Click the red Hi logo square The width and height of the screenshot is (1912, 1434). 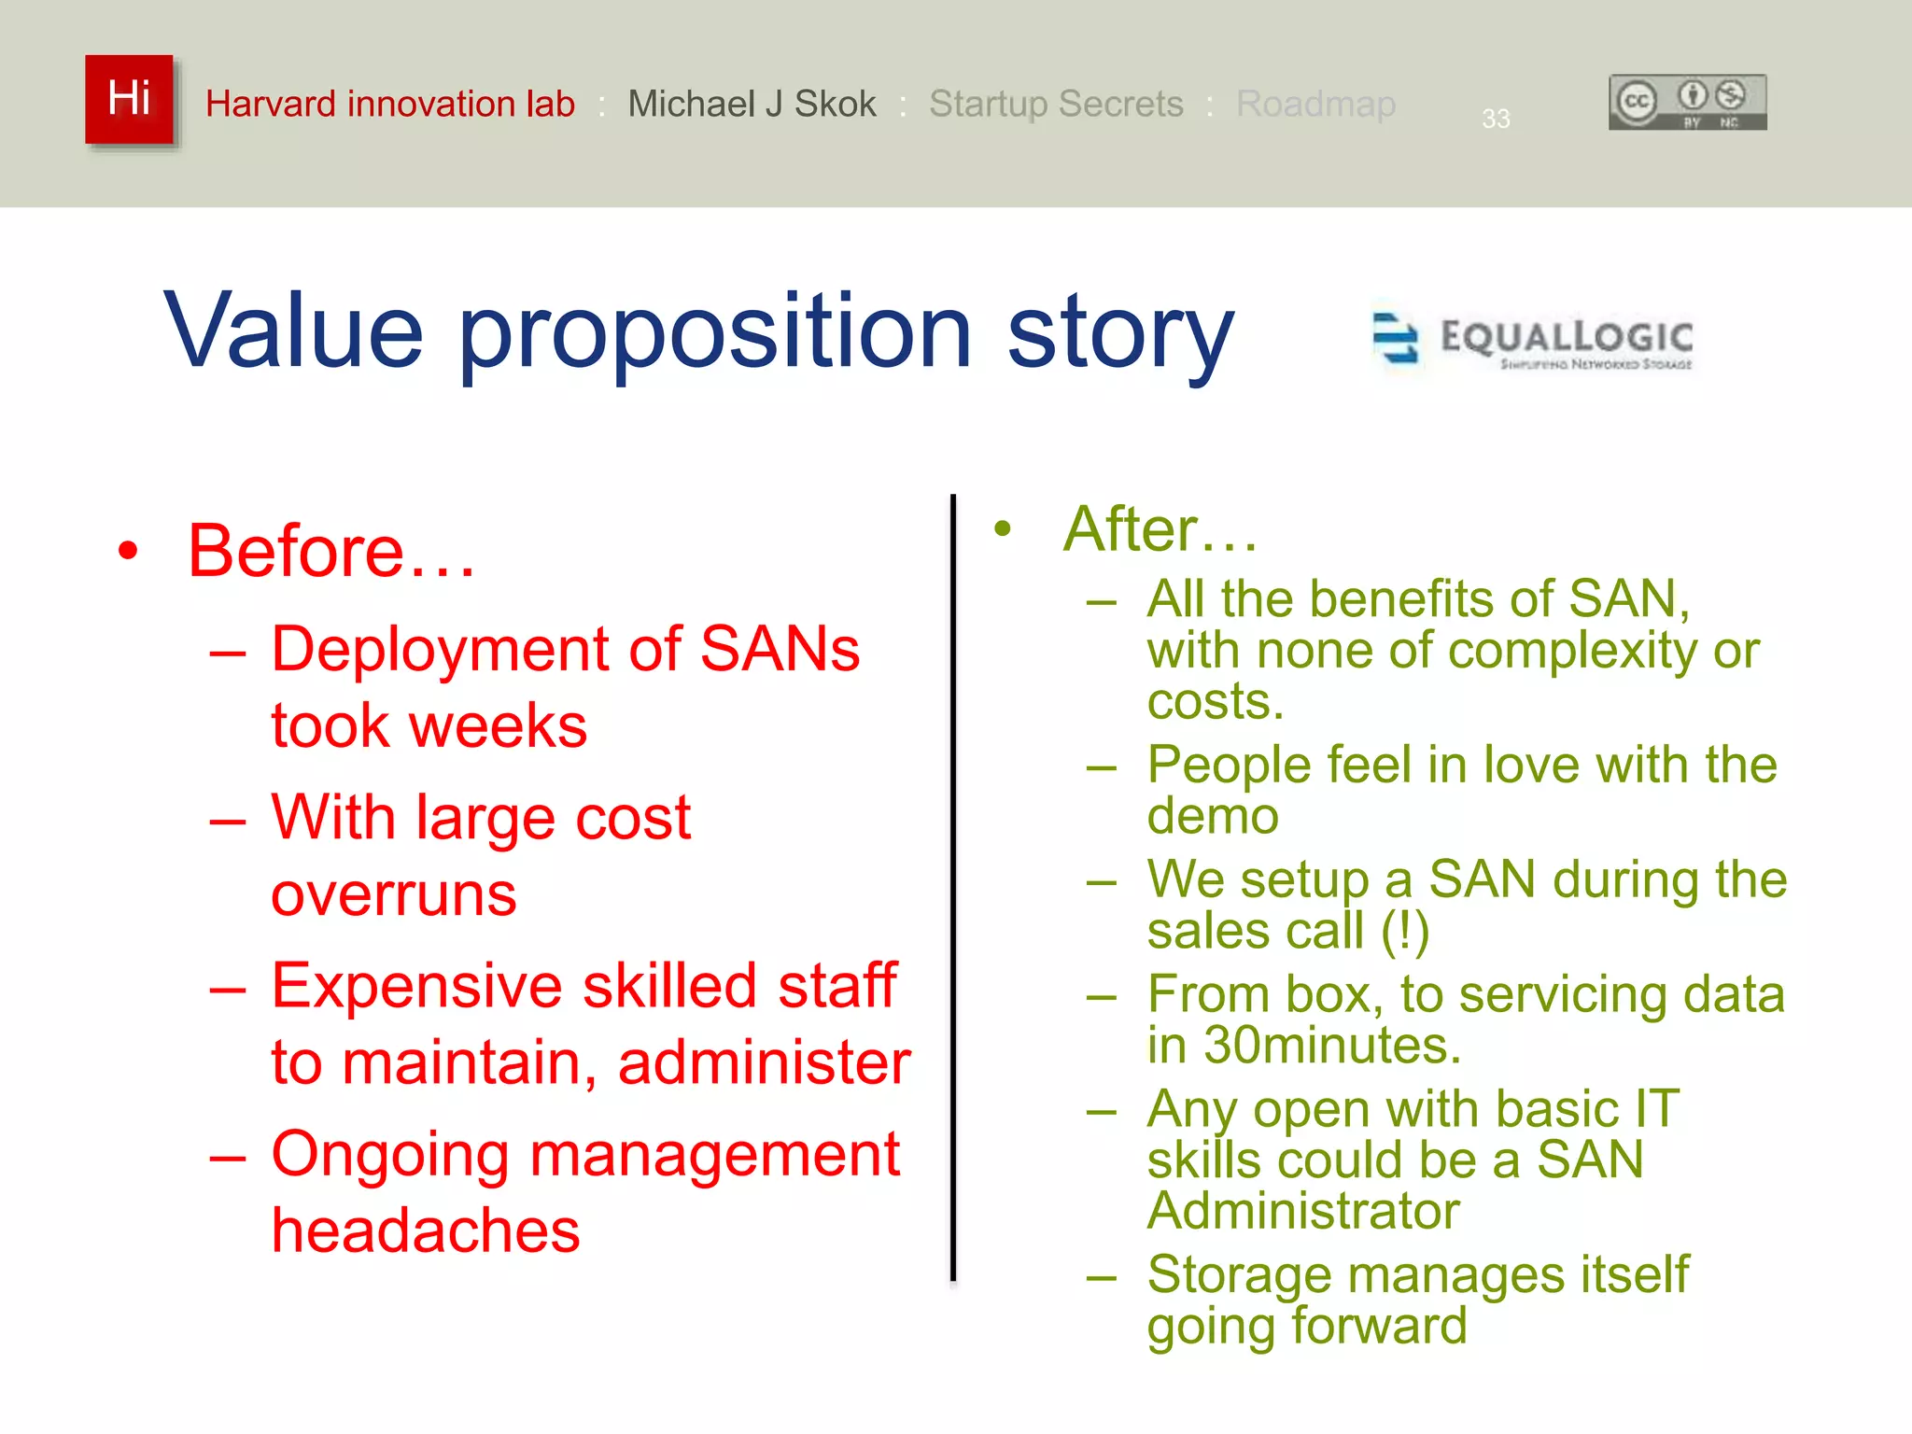coord(129,99)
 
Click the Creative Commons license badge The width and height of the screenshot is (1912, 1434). coord(1687,102)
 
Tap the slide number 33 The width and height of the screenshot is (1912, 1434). coord(1496,119)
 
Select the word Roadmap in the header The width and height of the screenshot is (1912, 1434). coord(1315,104)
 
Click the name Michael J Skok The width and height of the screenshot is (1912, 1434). coord(752,104)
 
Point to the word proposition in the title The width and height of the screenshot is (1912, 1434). coord(714,332)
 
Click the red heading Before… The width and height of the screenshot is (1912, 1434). coord(331,551)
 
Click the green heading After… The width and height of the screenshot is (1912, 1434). coord(1160,529)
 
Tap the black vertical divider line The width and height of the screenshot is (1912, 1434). coord(952,887)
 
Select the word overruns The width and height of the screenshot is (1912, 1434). coord(393,894)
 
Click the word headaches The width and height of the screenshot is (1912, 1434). coord(426,1230)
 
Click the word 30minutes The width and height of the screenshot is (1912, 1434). coord(1331,1045)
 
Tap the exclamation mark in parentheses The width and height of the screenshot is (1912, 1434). coord(1405,931)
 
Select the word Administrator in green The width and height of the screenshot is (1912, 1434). coord(1303,1211)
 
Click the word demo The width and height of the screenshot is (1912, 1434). coord(1213,816)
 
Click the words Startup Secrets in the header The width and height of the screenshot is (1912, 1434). coord(1056,104)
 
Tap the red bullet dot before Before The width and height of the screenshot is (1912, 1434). coord(128,551)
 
